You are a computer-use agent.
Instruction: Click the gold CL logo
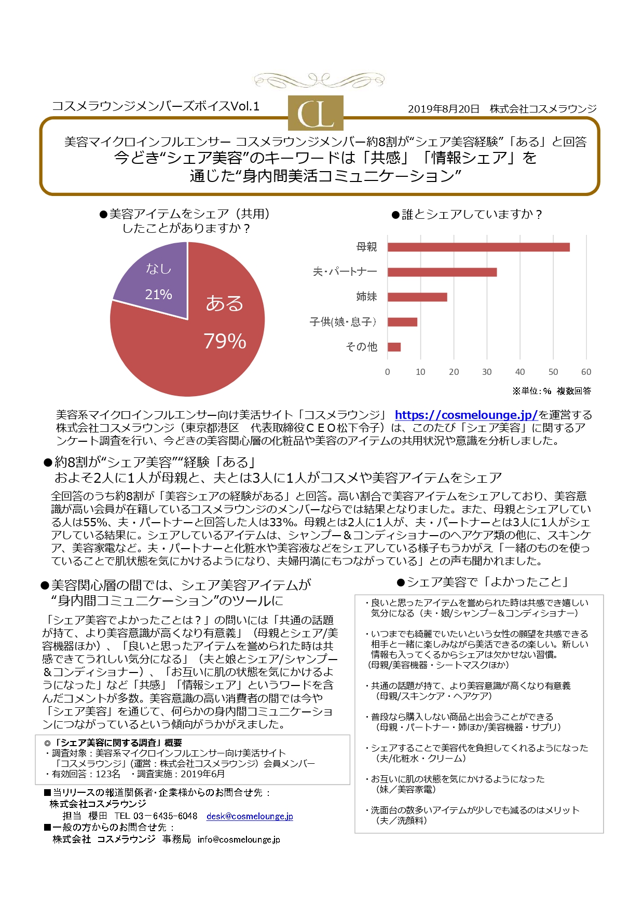pos(316,113)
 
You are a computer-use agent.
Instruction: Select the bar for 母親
pos(478,247)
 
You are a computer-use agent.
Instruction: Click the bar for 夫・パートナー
pos(442,272)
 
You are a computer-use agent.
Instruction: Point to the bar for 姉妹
pos(417,297)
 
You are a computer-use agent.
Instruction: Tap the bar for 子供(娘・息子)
pos(402,322)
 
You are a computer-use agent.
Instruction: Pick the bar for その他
pos(394,347)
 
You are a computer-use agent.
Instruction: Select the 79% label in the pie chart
pos(225,341)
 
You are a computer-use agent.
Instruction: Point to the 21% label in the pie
pos(158,295)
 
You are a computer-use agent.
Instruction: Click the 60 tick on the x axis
pos(586,372)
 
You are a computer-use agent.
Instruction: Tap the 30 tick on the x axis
pos(487,372)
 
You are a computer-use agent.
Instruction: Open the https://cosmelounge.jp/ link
pos(466,415)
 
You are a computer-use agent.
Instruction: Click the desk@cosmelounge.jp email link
pos(250,816)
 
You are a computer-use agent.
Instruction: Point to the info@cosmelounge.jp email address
pos(239,839)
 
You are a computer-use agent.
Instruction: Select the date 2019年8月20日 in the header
pos(444,109)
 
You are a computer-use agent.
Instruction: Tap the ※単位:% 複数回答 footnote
pos(551,391)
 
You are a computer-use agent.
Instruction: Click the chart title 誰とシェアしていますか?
pos(467,214)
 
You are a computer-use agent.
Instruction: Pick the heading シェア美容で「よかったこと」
pos(483,582)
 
